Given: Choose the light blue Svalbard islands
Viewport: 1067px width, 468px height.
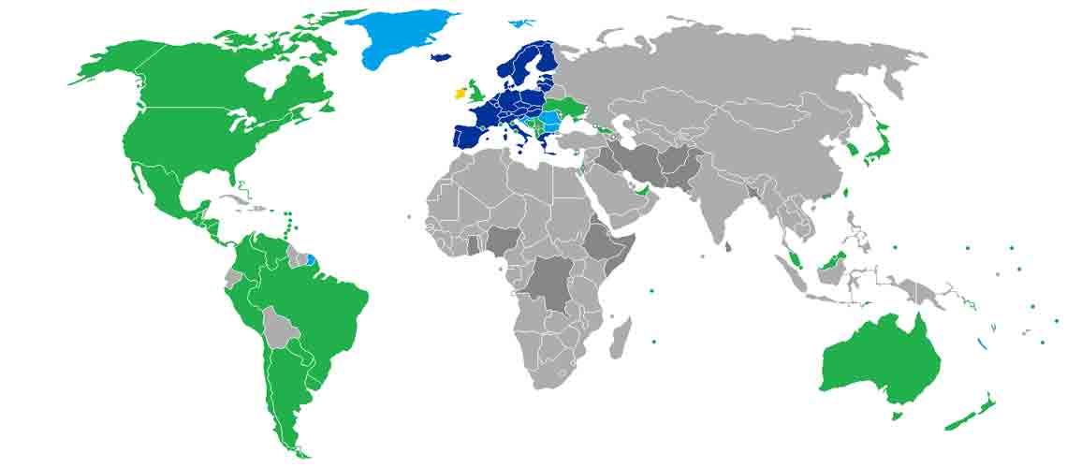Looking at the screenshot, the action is (519, 22).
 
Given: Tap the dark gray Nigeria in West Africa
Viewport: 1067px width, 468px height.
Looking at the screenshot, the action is (501, 240).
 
